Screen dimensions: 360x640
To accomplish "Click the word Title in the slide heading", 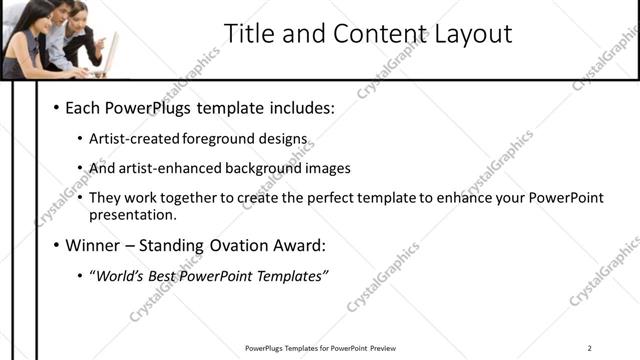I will pyautogui.click(x=244, y=34).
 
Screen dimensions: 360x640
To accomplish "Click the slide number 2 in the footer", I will pyautogui.click(x=591, y=348).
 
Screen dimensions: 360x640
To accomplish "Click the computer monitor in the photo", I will pyautogui.click(x=111, y=50).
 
